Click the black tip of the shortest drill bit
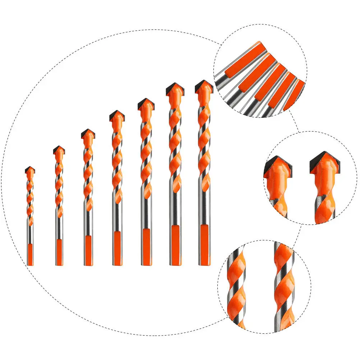tap(30, 169)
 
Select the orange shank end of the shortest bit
tap(30, 254)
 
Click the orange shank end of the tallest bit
tap(204, 244)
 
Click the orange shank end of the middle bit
tap(117, 248)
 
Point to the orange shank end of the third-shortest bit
tap(88, 250)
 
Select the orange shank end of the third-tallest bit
tap(146, 246)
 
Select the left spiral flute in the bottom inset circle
tap(237, 287)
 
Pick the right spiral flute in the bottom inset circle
tap(284, 284)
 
